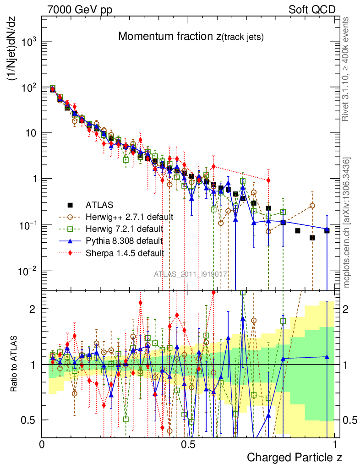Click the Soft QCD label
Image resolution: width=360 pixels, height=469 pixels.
click(x=312, y=9)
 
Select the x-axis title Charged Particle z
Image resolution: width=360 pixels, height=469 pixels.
click(x=294, y=457)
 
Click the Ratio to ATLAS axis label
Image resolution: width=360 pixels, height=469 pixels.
click(x=14, y=364)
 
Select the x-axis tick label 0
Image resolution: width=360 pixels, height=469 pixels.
click(x=42, y=444)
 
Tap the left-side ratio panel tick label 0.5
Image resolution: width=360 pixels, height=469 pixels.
click(x=28, y=420)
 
